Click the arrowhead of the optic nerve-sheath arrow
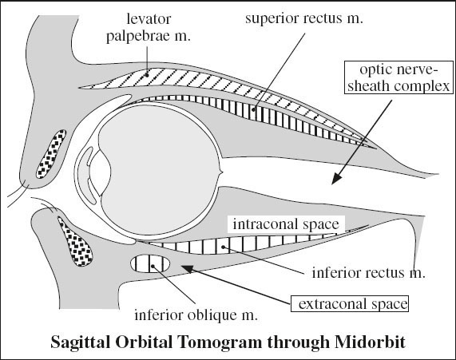[x=335, y=180]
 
